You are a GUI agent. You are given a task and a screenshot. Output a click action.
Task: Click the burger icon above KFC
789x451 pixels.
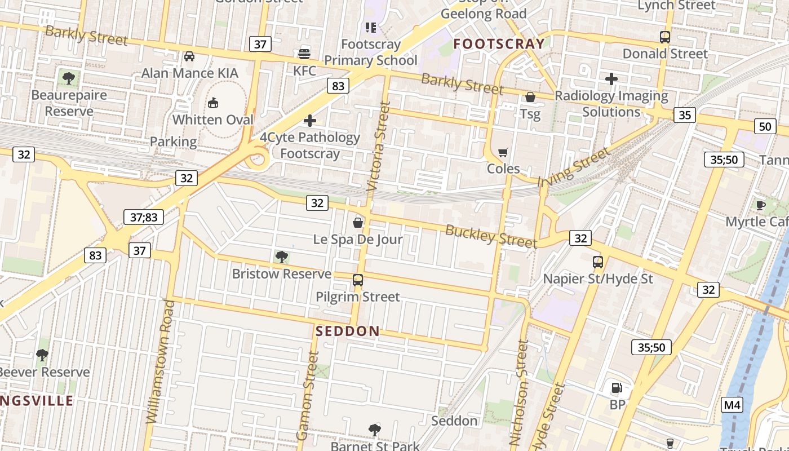tap(304, 54)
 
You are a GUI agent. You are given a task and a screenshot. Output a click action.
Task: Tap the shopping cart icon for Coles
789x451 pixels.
tap(503, 152)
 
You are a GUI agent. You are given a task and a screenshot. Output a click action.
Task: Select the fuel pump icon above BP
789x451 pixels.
tap(617, 388)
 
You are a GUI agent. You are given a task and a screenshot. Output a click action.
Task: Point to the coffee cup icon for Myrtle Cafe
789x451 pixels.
tap(760, 205)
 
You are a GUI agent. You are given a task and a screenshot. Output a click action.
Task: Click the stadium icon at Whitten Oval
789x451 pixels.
tap(213, 103)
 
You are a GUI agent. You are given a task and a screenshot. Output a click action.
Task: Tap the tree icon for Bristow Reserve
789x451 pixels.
tap(281, 258)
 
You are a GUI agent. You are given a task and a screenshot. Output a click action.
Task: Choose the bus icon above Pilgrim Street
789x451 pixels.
tap(358, 280)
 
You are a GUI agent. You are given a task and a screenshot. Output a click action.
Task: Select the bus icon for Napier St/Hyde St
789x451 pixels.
tap(598, 262)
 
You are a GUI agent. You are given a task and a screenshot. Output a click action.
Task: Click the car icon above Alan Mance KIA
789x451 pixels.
tap(189, 56)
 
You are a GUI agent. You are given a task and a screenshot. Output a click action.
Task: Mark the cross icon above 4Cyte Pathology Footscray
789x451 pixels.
tap(309, 121)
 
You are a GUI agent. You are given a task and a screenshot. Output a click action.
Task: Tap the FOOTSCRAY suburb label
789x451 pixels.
tap(499, 43)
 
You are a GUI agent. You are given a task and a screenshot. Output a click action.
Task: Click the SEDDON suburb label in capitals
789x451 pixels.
tap(348, 331)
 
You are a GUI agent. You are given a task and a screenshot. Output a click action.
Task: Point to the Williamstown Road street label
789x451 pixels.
tap(161, 361)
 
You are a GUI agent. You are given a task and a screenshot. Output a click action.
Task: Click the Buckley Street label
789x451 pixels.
tap(491, 236)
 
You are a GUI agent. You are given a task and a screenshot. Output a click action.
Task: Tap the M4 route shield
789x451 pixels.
tap(732, 405)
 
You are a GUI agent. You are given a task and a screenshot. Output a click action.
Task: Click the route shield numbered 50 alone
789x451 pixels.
tap(765, 126)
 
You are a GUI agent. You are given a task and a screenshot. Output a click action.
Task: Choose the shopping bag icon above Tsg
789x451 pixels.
tap(530, 98)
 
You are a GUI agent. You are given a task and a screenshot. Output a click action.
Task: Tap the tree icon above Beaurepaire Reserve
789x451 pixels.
tap(69, 78)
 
